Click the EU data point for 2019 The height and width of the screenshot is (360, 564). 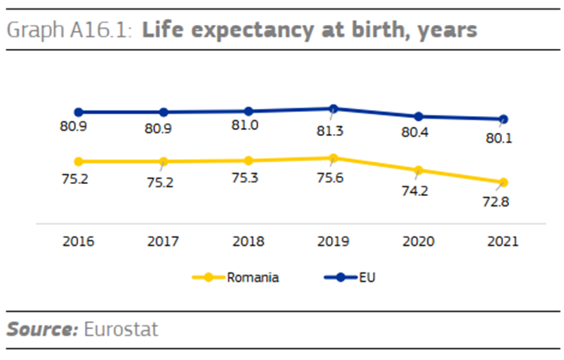click(334, 108)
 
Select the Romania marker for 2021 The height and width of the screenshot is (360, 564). click(504, 182)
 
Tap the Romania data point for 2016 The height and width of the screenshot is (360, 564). click(78, 162)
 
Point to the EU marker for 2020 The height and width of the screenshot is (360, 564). click(419, 116)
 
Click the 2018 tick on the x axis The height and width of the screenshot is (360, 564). click(248, 241)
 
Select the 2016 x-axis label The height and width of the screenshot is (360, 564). click(78, 241)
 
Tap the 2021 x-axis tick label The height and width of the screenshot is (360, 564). click(504, 241)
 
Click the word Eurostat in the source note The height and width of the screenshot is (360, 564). click(120, 328)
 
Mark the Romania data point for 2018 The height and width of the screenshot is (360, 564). click(248, 161)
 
